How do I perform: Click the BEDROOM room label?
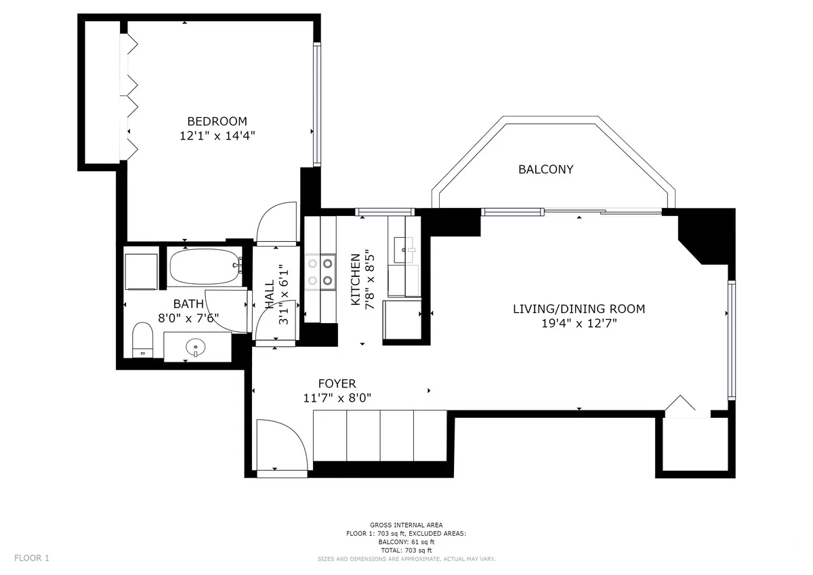(x=217, y=121)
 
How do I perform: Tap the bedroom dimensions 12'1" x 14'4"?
(x=217, y=135)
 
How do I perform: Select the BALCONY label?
(x=545, y=169)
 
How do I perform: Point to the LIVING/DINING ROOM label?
(x=579, y=309)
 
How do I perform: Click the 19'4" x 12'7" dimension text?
(x=579, y=323)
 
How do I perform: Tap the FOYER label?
(x=337, y=384)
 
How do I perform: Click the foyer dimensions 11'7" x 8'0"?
(x=337, y=398)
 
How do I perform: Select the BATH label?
(x=188, y=304)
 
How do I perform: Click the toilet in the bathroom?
(x=142, y=339)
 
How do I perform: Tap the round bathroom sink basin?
(x=195, y=347)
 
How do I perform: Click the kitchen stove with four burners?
(x=320, y=270)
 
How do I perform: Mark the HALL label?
(x=270, y=295)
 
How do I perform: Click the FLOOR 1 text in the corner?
(x=32, y=558)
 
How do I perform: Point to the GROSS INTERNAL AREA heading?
(x=406, y=526)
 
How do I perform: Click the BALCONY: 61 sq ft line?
(x=406, y=542)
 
